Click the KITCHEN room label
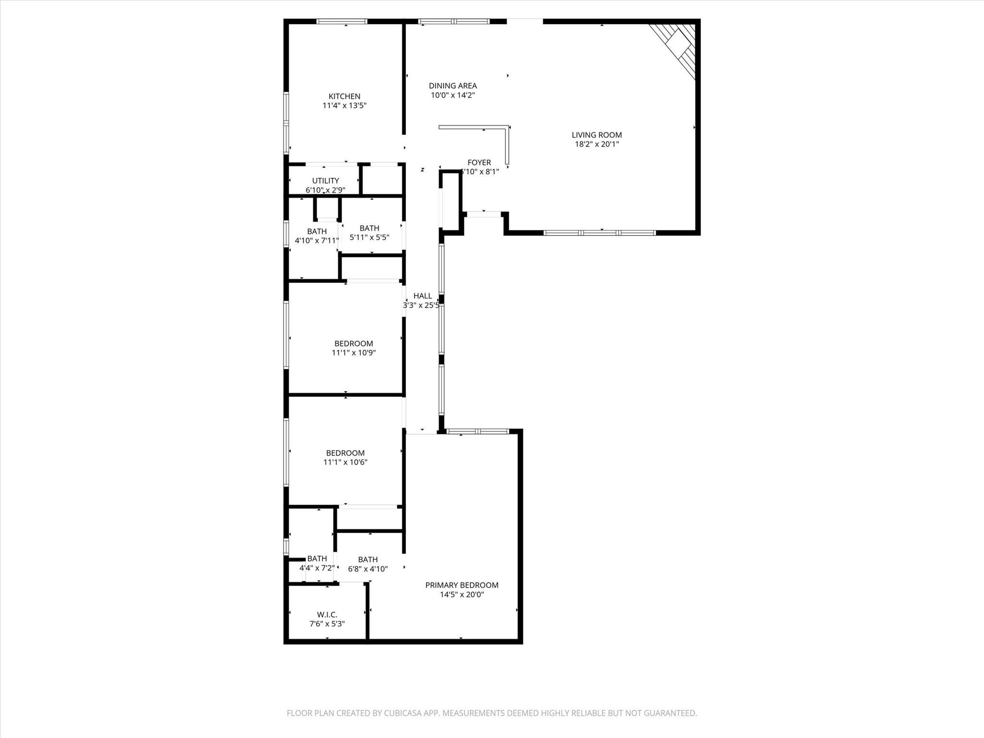pos(344,96)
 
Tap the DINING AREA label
pos(453,86)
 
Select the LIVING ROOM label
pos(596,135)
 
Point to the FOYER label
pos(479,162)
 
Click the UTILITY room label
pos(325,181)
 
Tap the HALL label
pos(422,296)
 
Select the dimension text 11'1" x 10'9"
pos(354,353)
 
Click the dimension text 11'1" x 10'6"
pos(345,462)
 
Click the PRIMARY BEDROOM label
pos(461,585)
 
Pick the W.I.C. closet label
pos(327,615)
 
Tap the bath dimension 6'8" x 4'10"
pos(368,569)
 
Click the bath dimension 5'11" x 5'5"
pos(369,237)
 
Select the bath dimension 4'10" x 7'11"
pos(317,240)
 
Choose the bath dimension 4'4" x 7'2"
pos(317,568)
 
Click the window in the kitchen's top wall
pos(342,21)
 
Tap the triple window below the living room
pos(599,233)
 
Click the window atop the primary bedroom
pos(477,431)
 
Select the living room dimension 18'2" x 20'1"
pos(596,144)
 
